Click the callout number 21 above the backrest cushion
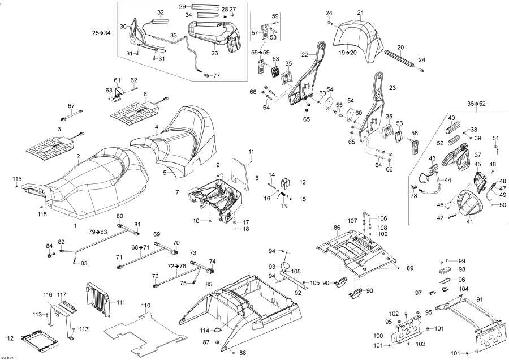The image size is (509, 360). (360, 12)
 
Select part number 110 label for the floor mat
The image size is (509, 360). (146, 306)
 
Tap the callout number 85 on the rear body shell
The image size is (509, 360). (209, 285)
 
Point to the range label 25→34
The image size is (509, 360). (101, 32)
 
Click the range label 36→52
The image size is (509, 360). (477, 104)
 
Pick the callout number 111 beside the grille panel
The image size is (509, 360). (120, 302)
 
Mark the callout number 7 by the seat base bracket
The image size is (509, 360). (177, 192)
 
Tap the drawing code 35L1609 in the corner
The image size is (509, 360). (7, 357)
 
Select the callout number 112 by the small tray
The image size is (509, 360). (9, 338)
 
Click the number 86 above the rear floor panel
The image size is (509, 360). (337, 228)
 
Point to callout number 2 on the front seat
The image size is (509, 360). (78, 156)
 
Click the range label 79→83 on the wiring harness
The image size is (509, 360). (98, 232)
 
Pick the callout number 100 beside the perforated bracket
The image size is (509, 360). (378, 336)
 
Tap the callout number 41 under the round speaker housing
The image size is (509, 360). (470, 221)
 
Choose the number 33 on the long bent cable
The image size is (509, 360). (174, 35)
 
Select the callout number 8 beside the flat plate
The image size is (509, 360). (257, 178)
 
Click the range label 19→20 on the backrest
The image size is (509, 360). (348, 52)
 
